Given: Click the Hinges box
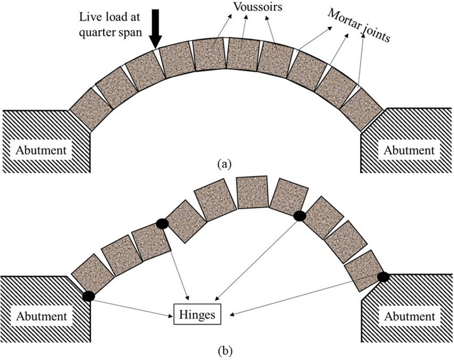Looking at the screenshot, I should [196, 314].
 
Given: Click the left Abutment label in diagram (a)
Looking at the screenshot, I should [41, 150].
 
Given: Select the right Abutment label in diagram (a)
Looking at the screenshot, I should [409, 150].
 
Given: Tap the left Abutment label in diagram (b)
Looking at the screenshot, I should [41, 316].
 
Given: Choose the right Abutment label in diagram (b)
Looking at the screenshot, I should [409, 316].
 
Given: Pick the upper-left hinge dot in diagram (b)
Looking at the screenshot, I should [162, 224].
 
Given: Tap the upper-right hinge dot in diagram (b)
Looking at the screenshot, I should [299, 215].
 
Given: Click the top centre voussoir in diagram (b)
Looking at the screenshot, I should [252, 193].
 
